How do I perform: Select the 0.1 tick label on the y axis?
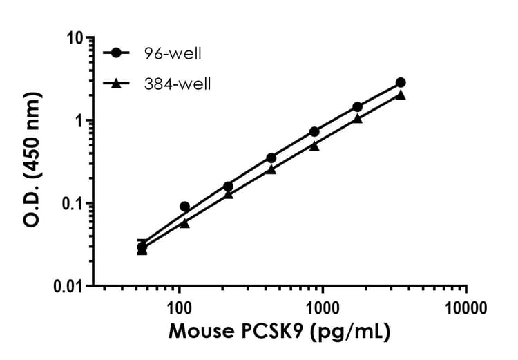[70, 203]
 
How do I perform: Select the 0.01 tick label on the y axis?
[66, 286]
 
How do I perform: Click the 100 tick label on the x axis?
[179, 305]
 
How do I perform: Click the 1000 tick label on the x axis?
[322, 305]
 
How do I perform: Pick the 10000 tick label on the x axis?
[465, 305]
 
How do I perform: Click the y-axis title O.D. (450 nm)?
[31, 161]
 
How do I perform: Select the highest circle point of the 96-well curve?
[401, 82]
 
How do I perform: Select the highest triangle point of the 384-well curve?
[401, 95]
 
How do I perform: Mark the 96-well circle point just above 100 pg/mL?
[185, 207]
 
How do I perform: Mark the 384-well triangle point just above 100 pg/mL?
[185, 223]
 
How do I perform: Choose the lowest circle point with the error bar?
[142, 247]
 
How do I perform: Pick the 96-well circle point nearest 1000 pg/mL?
[314, 131]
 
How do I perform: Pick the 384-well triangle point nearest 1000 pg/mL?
[314, 146]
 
